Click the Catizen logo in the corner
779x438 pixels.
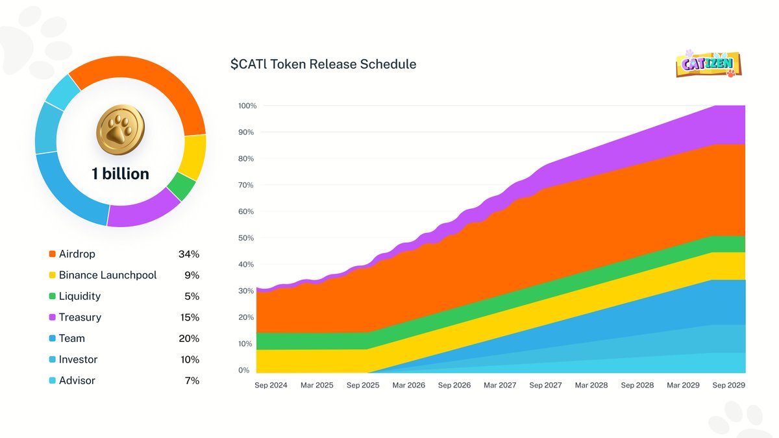click(708, 64)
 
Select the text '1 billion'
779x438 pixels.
click(120, 174)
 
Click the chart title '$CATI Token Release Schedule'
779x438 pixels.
click(323, 64)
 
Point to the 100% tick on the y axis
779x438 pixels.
click(247, 106)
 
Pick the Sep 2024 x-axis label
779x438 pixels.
click(271, 385)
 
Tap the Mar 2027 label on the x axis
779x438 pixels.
click(500, 385)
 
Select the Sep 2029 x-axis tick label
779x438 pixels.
click(728, 385)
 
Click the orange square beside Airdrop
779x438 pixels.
click(52, 254)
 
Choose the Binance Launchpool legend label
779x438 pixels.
click(108, 275)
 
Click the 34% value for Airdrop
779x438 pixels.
click(189, 254)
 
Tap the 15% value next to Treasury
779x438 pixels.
click(190, 317)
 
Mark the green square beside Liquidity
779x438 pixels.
click(52, 297)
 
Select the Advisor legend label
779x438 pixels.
click(77, 381)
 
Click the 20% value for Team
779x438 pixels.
click(189, 339)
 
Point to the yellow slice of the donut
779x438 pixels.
click(193, 157)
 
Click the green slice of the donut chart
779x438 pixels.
click(181, 186)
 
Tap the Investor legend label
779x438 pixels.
click(78, 359)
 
